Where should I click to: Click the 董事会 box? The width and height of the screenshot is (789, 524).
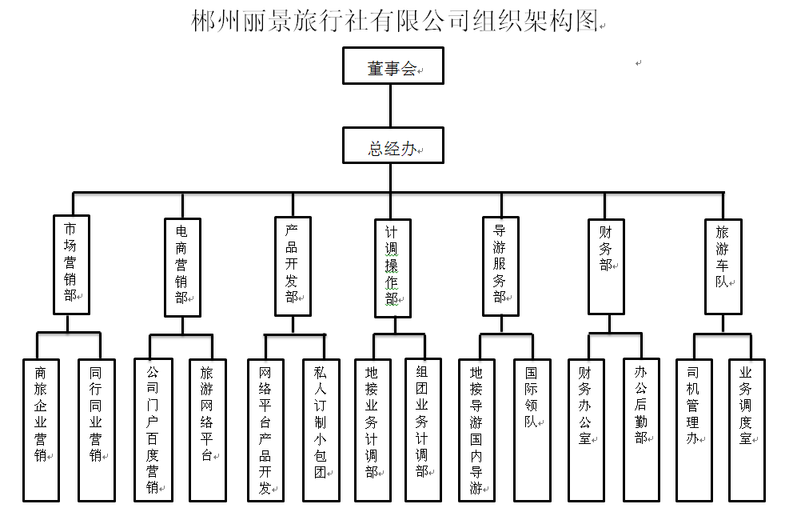pyautogui.click(x=393, y=66)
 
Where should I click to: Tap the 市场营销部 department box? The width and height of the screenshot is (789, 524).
pyautogui.click(x=71, y=264)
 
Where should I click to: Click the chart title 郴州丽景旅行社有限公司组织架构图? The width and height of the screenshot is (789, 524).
pyautogui.click(x=396, y=21)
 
